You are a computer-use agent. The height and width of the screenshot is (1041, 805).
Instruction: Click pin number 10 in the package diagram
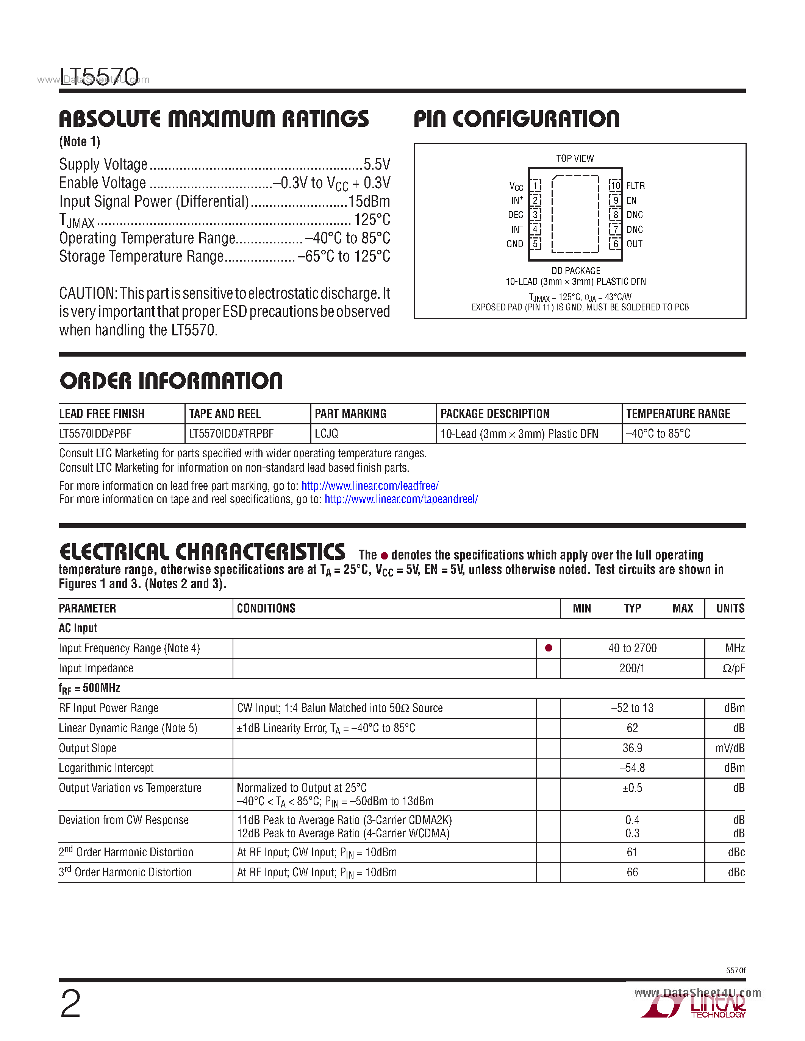coord(615,185)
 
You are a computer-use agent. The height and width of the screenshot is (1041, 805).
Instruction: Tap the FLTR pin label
coord(635,185)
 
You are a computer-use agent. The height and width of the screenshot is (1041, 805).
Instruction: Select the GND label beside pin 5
coord(514,244)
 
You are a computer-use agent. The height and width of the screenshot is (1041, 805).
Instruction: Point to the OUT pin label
coord(634,244)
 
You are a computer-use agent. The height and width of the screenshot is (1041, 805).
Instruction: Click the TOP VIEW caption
coord(575,158)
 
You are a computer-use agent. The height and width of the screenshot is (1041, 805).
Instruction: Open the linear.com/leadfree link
coord(370,486)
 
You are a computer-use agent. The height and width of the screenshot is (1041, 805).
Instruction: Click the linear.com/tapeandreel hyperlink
coord(401,499)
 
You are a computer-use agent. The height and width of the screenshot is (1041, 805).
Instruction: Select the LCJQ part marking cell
coord(327,434)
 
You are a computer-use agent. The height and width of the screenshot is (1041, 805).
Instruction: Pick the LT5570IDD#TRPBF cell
coord(231,434)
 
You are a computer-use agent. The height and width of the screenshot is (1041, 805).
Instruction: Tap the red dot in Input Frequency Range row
coord(549,648)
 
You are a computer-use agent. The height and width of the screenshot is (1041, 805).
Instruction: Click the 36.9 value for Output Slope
coord(632,748)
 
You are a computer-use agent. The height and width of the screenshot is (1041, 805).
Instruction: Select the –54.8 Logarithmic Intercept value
coord(632,768)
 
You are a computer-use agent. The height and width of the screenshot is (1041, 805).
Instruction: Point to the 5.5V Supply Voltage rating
coord(377,164)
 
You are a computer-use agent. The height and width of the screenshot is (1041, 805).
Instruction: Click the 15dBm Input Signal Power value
coord(369,201)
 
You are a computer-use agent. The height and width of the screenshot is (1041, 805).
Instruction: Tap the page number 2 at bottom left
coord(70,1004)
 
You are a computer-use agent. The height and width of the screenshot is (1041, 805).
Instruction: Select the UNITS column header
coord(730,608)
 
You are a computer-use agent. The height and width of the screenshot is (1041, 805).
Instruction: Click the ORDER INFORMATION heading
coord(171,381)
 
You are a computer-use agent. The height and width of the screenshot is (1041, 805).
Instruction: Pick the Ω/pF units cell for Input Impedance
coord(733,668)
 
